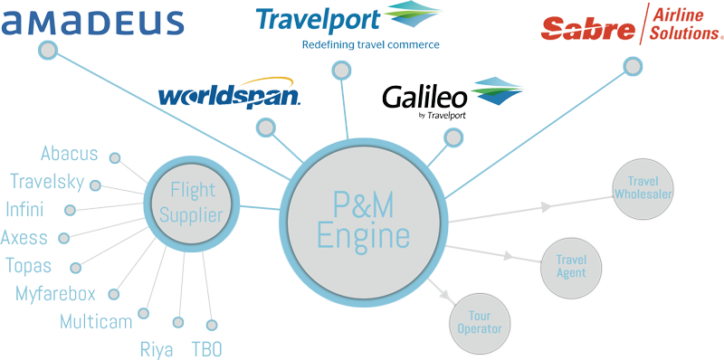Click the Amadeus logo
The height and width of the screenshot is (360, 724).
[x=92, y=23]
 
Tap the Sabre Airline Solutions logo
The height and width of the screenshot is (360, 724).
[x=631, y=24]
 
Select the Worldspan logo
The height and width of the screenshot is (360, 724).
[x=230, y=91]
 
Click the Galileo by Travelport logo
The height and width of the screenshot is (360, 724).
[x=452, y=99]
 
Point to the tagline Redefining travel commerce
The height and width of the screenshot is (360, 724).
[x=370, y=44]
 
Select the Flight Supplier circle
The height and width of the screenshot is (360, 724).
[x=192, y=204]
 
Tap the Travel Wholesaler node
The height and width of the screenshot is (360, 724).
[x=643, y=188]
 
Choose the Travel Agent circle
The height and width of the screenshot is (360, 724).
[x=571, y=267]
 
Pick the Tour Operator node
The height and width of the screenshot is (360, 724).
[x=480, y=322]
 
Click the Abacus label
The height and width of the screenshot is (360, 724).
[x=70, y=154]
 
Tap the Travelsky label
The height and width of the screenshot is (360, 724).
[x=47, y=182]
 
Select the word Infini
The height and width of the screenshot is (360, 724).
[x=25, y=209]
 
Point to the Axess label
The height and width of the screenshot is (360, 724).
[x=24, y=238]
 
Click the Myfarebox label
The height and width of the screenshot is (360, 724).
[x=55, y=294]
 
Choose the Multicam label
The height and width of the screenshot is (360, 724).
[x=96, y=322]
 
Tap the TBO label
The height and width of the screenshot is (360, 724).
[x=206, y=349]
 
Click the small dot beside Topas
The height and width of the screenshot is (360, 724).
[x=76, y=268]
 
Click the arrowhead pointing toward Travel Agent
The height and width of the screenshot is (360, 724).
[x=509, y=255]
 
